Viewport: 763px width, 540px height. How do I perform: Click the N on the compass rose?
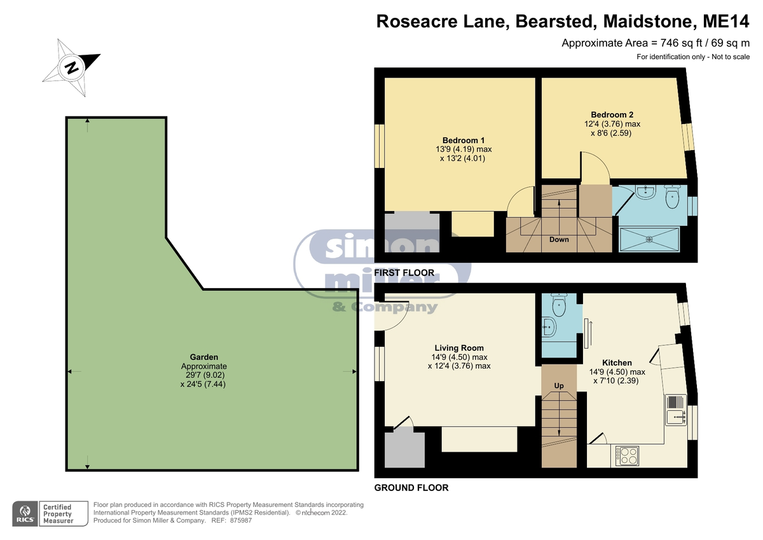point(72,68)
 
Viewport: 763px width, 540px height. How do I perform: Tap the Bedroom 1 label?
point(464,141)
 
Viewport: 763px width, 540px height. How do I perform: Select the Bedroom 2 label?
point(612,115)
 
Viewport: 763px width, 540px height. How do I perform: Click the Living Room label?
point(459,348)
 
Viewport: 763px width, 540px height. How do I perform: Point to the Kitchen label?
point(617,363)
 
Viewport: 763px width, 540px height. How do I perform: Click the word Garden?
point(203,357)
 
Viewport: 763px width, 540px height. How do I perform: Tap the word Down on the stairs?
point(559,240)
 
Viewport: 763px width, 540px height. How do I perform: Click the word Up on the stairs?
point(559,385)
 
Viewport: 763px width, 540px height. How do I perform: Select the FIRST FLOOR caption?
point(404,273)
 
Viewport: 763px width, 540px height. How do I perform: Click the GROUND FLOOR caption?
point(411,488)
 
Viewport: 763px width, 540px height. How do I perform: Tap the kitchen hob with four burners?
point(627,456)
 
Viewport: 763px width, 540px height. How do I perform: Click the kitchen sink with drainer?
point(676,410)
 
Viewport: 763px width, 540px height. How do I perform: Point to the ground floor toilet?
point(559,305)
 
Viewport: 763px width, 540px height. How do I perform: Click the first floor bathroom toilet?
point(673,197)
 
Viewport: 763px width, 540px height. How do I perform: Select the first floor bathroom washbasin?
point(645,192)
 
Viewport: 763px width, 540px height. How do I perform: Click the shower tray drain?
point(649,240)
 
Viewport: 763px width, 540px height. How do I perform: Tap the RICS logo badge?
point(25,514)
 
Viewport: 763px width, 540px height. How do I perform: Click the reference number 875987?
point(241,520)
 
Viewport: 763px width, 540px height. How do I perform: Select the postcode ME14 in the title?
point(726,22)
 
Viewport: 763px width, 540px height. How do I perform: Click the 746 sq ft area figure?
point(676,43)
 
